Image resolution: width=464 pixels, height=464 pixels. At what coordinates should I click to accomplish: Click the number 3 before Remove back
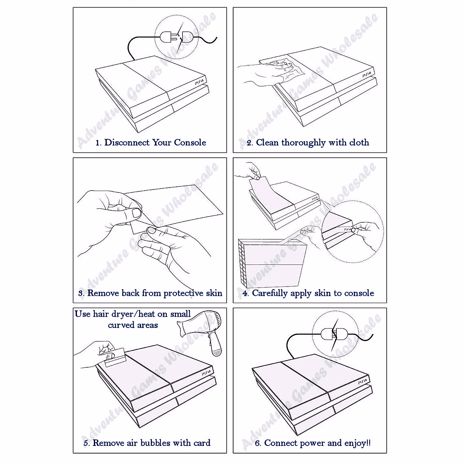(81, 293)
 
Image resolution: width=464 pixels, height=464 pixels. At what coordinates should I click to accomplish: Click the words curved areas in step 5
(133, 325)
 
